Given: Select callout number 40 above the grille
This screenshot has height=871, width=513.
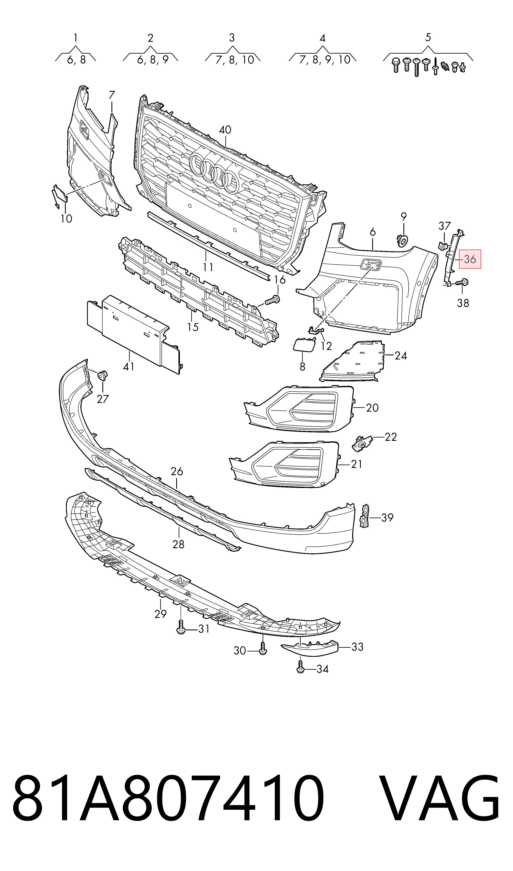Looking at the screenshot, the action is (x=225, y=130).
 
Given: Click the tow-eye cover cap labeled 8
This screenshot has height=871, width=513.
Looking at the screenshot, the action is (x=304, y=345).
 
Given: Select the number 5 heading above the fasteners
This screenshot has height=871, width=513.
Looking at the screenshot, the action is (x=428, y=37).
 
